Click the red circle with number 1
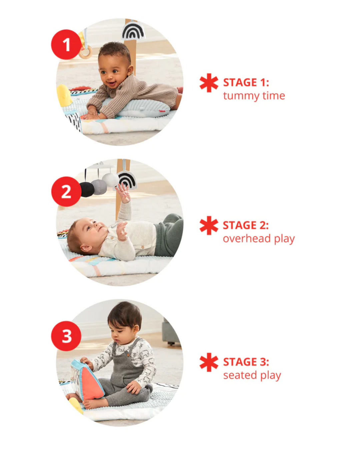tap(66, 44)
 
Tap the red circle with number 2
tap(66, 191)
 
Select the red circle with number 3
tap(66, 336)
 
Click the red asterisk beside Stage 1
tap(209, 83)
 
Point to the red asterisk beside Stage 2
tap(209, 225)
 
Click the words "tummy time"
tap(254, 96)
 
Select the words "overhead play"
tap(259, 239)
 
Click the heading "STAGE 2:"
tap(246, 225)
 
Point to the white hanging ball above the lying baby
tap(110, 179)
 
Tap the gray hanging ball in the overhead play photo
tap(99, 186)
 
